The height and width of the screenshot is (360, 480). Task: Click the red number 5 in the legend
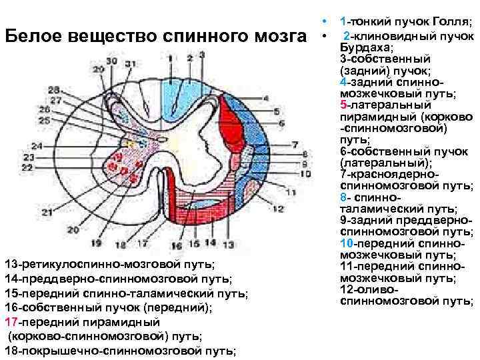[343, 105]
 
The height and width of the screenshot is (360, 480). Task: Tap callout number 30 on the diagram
[111, 61]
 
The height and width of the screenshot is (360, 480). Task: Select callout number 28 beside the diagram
[53, 89]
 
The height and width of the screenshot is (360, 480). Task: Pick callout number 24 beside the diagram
[37, 145]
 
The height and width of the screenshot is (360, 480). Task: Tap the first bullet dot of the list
[322, 21]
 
